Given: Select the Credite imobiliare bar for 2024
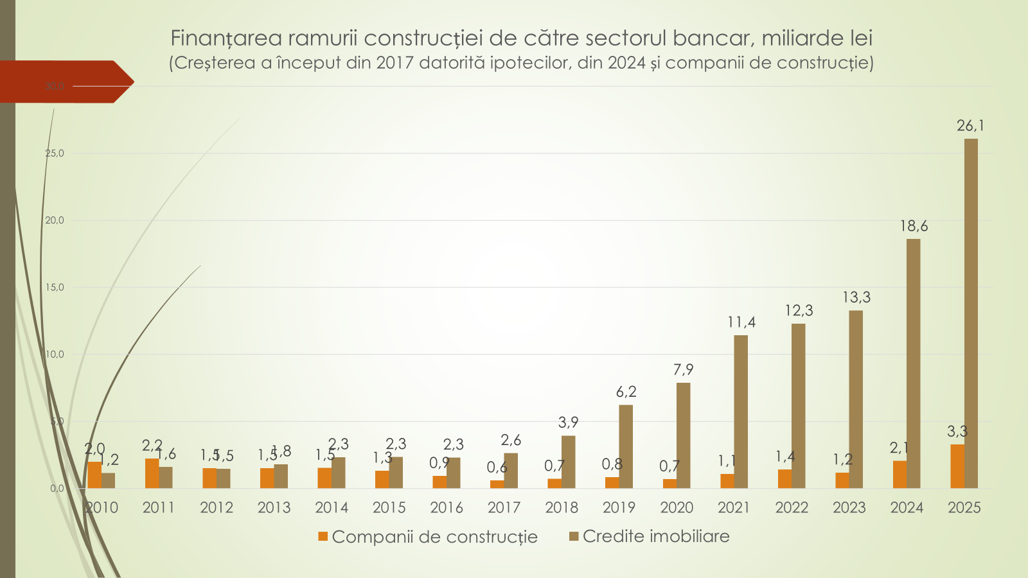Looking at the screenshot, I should point(913,363).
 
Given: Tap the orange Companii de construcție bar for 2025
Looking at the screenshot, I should point(957,466).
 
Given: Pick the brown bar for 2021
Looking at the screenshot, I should point(741,412).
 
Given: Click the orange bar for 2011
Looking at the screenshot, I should point(152,473).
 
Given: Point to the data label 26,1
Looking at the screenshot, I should point(970,126).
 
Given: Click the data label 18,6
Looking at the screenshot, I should point(914,226).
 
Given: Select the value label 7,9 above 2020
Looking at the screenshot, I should point(684,370).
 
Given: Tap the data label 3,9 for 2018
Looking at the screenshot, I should point(568,423).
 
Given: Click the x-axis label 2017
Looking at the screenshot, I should point(504,508).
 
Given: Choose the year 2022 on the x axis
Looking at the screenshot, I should point(792,508).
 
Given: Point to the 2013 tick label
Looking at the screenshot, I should point(274,508).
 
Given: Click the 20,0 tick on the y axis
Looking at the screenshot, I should point(55,220).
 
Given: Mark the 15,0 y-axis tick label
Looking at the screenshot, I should point(55,287).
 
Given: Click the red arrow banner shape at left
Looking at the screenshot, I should point(64,82).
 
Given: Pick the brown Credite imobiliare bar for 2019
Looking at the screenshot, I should point(626,446).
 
